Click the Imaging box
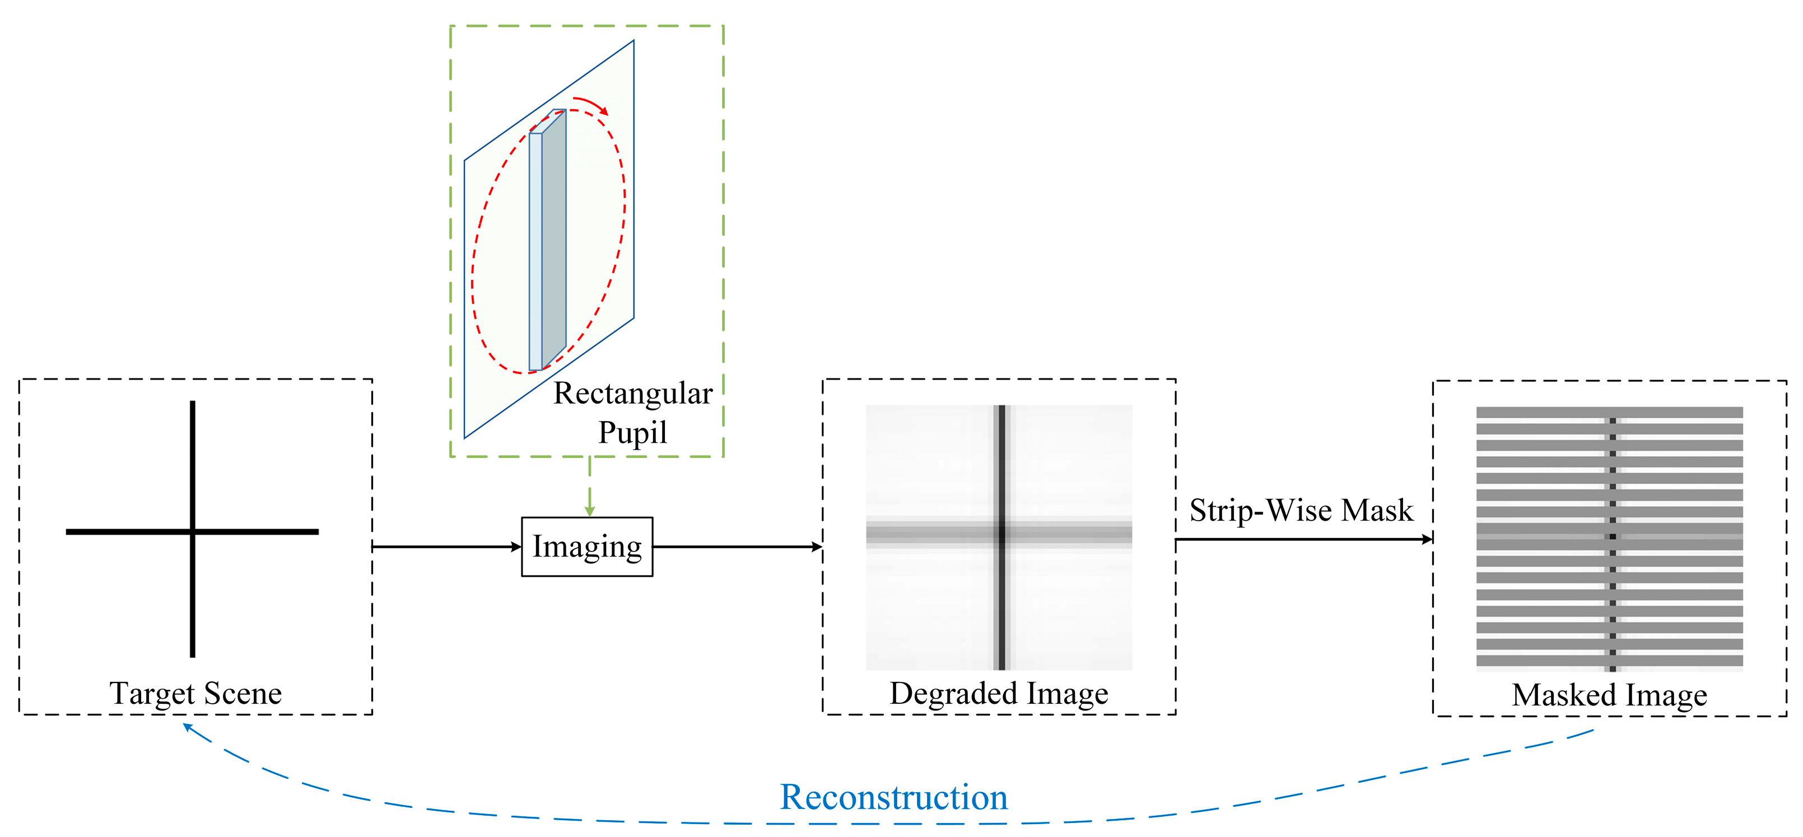586,546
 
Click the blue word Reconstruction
893,797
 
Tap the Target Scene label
195,693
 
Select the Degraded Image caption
998,693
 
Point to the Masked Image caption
1609,695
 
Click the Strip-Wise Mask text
1301,510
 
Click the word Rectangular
633,393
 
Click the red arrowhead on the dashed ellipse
603,111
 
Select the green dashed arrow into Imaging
589,490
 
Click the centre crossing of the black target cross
193,532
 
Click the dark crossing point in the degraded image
1001,533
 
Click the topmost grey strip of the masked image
1609,412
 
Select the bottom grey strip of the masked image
1609,660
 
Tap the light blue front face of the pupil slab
535,252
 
